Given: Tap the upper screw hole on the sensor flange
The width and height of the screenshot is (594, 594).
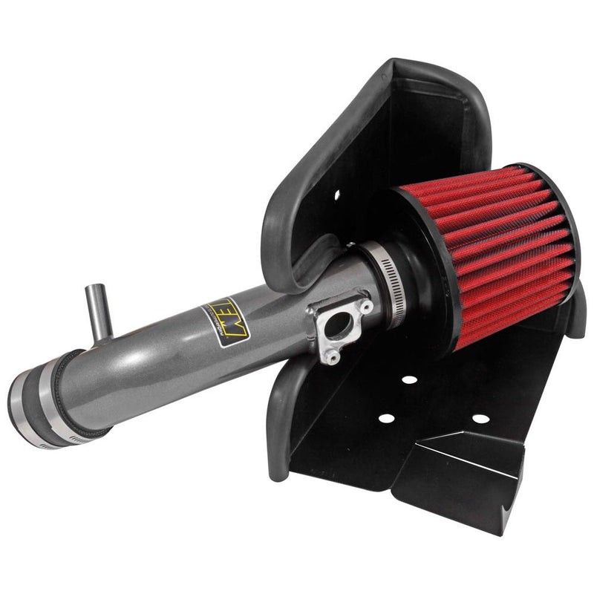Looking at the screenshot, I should click(365, 307).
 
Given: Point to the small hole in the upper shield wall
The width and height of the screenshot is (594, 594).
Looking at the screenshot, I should click(336, 196).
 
